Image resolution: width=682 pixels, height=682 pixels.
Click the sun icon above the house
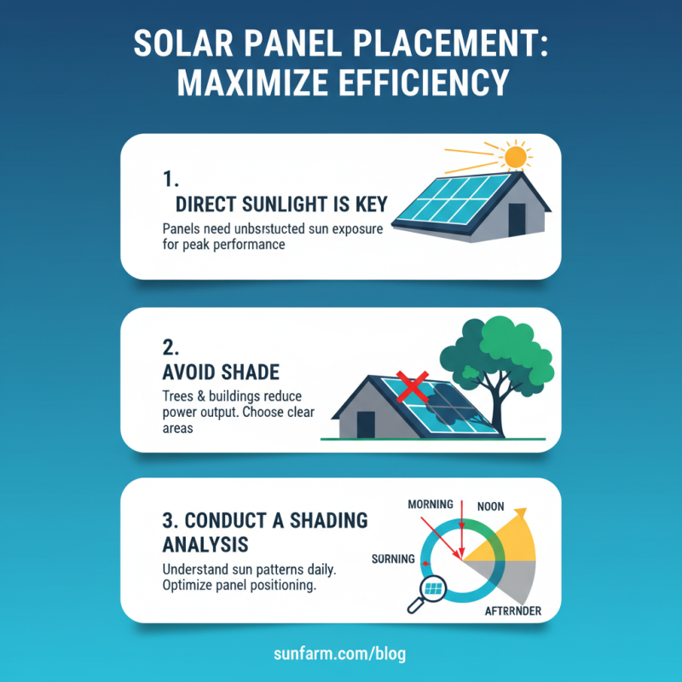point(514,158)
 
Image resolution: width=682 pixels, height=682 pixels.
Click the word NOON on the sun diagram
point(492,505)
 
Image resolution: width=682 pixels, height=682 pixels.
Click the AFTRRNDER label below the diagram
point(511,611)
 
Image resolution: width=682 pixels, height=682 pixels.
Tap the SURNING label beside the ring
point(393,559)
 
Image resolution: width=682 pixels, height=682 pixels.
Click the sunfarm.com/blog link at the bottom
point(341,654)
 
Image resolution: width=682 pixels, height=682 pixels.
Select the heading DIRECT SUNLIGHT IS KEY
point(280,205)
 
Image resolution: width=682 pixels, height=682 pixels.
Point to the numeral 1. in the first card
point(170,179)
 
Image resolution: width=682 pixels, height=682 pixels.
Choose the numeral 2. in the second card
point(170,349)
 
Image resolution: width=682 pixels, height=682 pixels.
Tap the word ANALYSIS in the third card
point(204,543)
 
